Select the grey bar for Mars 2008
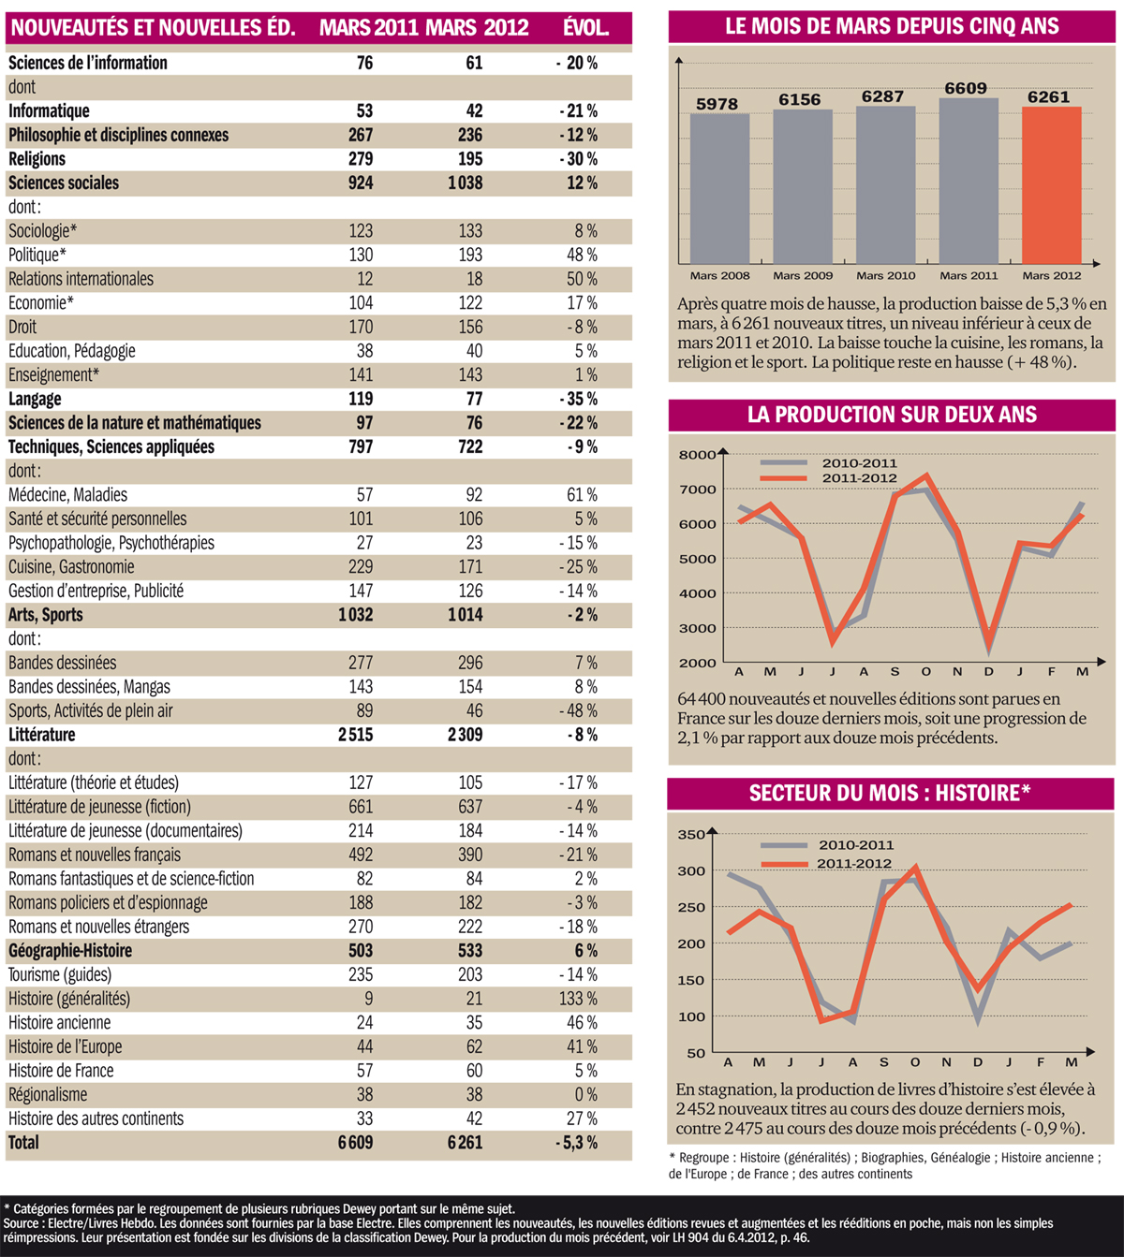(x=719, y=188)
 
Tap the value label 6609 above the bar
(x=966, y=89)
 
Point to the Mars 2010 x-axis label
(x=885, y=275)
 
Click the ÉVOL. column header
(x=585, y=28)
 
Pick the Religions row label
(x=37, y=159)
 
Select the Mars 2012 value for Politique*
(x=470, y=255)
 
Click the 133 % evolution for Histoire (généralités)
(x=578, y=999)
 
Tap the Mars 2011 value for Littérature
(x=356, y=735)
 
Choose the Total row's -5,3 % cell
(x=576, y=1143)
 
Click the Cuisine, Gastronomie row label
(x=71, y=567)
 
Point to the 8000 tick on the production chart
(x=697, y=455)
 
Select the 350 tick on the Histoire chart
(x=691, y=835)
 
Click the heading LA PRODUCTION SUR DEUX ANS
(x=892, y=415)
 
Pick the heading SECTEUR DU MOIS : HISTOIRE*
(x=890, y=794)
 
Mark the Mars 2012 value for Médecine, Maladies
(x=474, y=495)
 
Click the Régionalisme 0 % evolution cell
(x=585, y=1095)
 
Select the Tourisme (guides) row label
(x=60, y=974)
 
